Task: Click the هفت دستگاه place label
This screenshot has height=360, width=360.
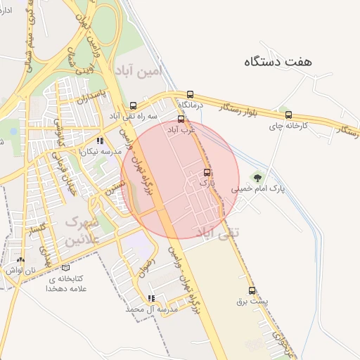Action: pos(277,62)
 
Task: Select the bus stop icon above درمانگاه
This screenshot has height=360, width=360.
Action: pos(190,94)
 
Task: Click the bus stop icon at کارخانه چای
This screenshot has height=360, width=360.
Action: pos(288,115)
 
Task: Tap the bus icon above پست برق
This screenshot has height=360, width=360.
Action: pos(252,290)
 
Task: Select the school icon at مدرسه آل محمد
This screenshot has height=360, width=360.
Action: pos(150,298)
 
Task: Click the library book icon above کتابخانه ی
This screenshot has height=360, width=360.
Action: pos(65,267)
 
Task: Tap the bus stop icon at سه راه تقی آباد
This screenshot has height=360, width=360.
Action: pos(134,105)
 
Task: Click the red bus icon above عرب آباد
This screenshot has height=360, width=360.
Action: pos(181,120)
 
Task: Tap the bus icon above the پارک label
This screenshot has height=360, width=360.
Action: pos(206,172)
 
